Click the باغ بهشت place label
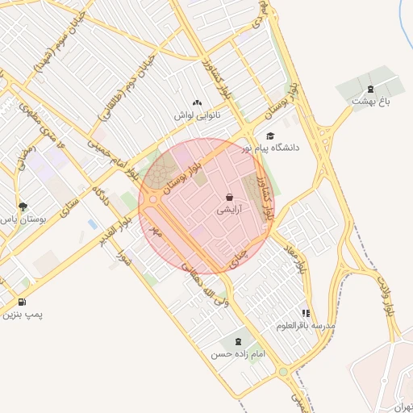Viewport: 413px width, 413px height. tap(370, 102)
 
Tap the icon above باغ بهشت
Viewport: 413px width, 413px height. tap(370, 89)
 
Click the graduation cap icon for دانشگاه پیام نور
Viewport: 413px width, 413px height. tap(270, 136)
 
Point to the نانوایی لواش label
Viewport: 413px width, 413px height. tap(198, 115)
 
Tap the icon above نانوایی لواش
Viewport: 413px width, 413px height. tap(198, 102)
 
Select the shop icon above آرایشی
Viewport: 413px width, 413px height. tap(230, 197)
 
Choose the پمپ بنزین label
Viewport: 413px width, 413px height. tap(20, 315)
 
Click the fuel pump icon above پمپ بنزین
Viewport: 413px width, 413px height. tap(19, 302)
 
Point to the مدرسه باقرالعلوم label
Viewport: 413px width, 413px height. tap(305, 325)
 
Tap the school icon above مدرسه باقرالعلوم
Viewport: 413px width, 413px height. tap(305, 313)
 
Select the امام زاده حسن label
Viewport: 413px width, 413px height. tap(237, 354)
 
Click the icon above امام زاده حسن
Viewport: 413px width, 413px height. tap(237, 341)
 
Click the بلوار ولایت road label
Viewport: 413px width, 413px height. tap(388, 298)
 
